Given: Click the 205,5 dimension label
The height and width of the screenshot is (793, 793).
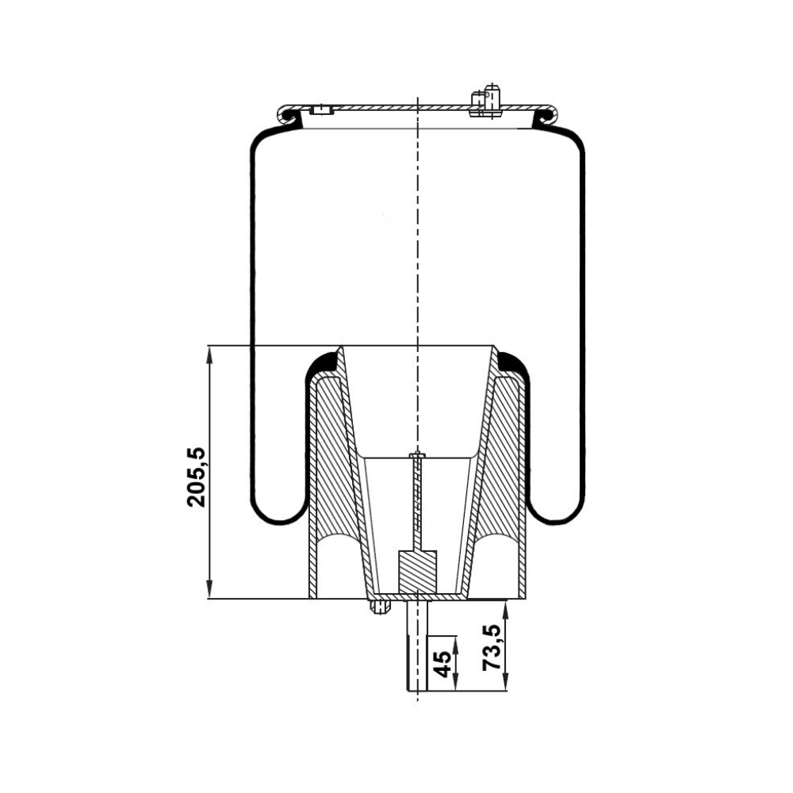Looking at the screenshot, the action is click(196, 477).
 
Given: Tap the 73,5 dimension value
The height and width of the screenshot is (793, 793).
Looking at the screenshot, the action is click(492, 647).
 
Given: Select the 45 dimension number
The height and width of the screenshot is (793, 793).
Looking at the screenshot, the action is click(442, 664).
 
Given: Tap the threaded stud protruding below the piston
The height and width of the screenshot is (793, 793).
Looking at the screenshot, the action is click(417, 646).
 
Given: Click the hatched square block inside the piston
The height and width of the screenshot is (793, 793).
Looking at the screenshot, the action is click(417, 572).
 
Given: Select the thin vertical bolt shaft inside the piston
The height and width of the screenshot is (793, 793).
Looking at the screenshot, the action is click(417, 500).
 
